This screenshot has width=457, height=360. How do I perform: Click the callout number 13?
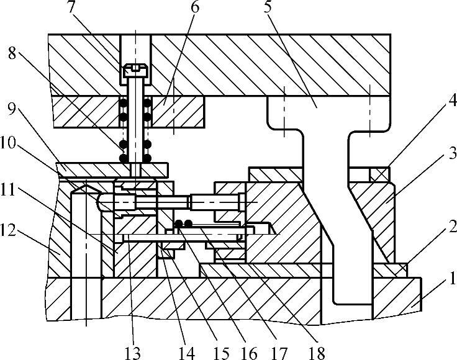pos(132,353)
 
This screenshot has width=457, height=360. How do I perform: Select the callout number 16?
pos(250,353)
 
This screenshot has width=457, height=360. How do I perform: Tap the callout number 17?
pos(279,353)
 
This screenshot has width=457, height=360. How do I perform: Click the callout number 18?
pos(317,353)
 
